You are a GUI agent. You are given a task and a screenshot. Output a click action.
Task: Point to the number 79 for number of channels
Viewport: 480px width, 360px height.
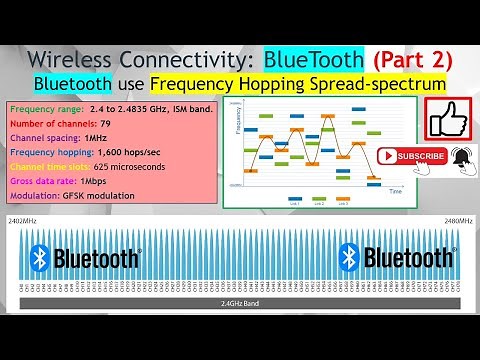(x=105, y=123)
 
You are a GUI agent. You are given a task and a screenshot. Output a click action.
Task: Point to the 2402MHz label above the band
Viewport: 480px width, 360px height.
(x=24, y=219)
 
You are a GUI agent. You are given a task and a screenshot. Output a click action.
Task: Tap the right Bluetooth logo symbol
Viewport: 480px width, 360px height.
(x=349, y=259)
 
